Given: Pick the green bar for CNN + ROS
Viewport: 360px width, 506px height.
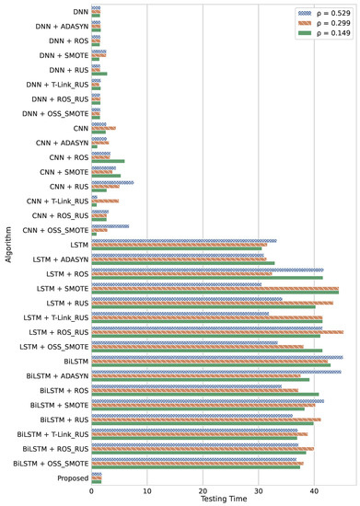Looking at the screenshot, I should coord(108,161).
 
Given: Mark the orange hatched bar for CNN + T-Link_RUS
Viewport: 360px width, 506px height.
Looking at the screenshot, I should coord(105,200).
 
